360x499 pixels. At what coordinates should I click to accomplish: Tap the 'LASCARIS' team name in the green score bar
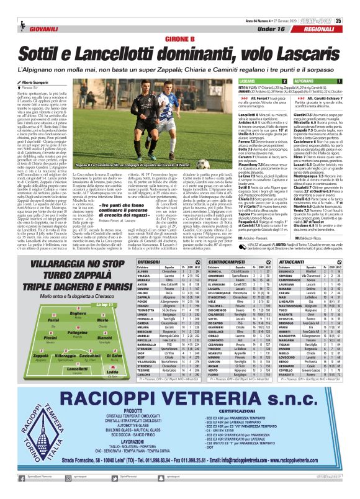coord(246,81)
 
